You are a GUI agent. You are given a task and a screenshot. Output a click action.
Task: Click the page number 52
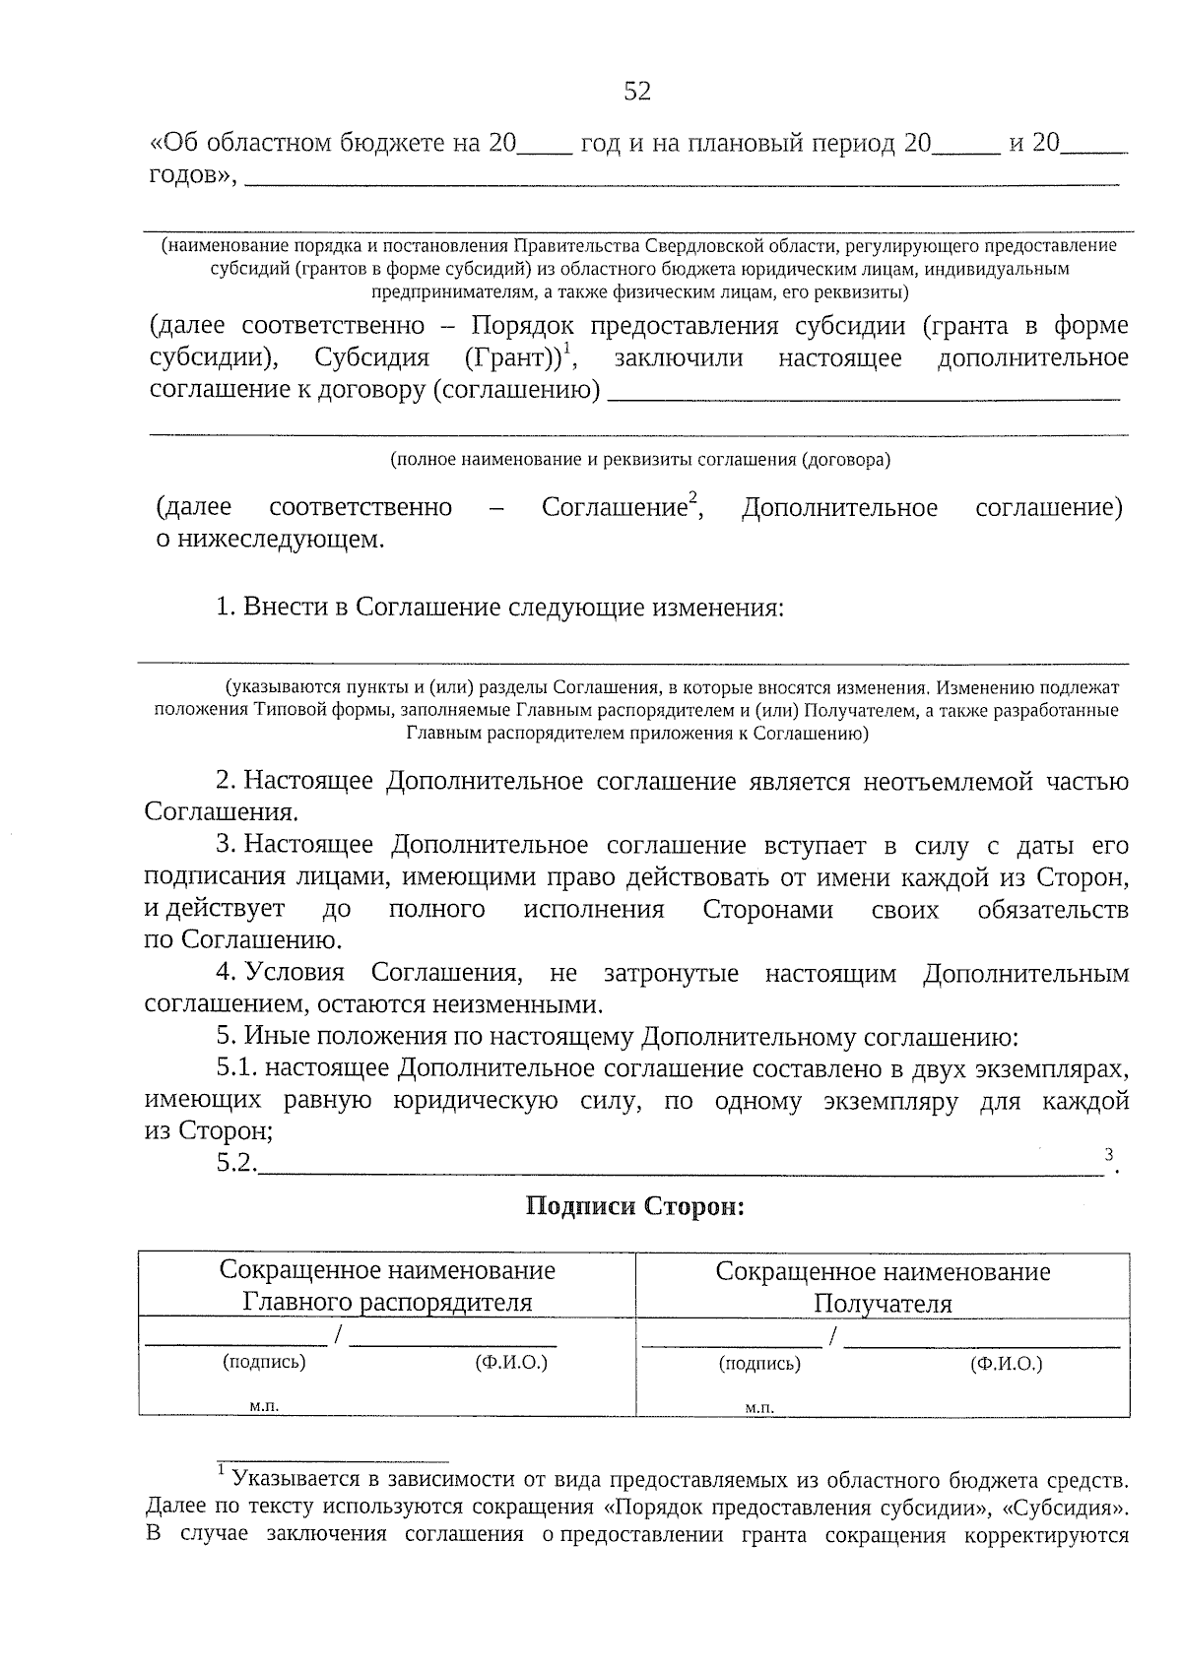[637, 92]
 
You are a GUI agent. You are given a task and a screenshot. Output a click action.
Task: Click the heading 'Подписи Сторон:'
[635, 1205]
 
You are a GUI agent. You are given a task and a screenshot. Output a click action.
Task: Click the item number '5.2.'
[236, 1164]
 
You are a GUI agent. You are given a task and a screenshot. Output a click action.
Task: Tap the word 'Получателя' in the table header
[883, 1305]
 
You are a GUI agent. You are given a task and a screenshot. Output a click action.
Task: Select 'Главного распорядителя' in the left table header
[387, 1303]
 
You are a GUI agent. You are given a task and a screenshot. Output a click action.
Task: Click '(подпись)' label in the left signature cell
[264, 1362]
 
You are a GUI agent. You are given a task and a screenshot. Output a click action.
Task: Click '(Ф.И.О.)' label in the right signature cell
[1006, 1364]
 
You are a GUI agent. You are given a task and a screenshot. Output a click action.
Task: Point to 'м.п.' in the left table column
[264, 1406]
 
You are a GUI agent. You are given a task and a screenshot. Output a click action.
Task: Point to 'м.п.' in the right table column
[759, 1408]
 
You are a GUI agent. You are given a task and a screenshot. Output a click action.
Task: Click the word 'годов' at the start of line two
[187, 175]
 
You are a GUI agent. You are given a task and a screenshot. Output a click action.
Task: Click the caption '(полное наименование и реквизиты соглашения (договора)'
[639, 460]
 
